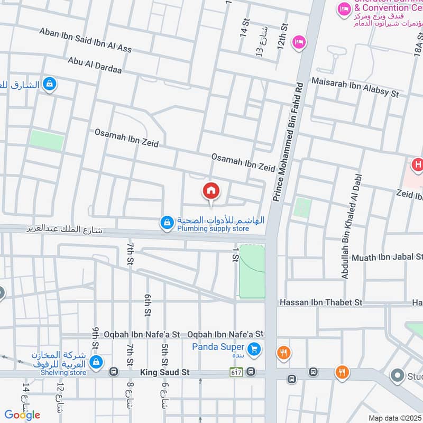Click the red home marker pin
click(211, 191)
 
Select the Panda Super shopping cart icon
click(254, 348)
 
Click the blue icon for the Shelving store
click(96, 362)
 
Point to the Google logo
click(22, 415)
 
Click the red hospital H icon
click(418, 165)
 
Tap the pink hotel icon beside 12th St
click(299, 41)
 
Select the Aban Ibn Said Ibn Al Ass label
click(85, 40)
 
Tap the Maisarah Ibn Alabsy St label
click(355, 87)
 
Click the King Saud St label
click(164, 373)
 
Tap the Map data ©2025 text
click(394, 418)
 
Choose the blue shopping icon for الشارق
click(49, 84)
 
